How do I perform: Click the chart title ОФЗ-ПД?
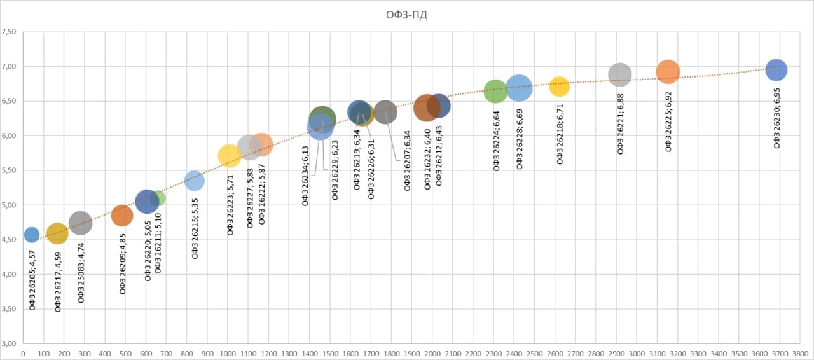pyautogui.click(x=406, y=15)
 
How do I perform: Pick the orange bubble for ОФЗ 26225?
pyautogui.click(x=668, y=72)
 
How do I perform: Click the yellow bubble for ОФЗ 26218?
pyautogui.click(x=559, y=86)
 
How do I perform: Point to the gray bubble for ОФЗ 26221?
pyautogui.click(x=619, y=74)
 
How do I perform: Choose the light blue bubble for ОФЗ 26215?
pyautogui.click(x=194, y=181)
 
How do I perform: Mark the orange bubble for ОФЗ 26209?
pyautogui.click(x=122, y=216)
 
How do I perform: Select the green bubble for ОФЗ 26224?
pyautogui.click(x=495, y=91)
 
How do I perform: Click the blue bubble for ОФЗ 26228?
pyautogui.click(x=520, y=88)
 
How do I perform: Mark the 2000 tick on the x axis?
pyautogui.click(x=432, y=352)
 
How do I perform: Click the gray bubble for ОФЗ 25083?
pyautogui.click(x=80, y=223)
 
